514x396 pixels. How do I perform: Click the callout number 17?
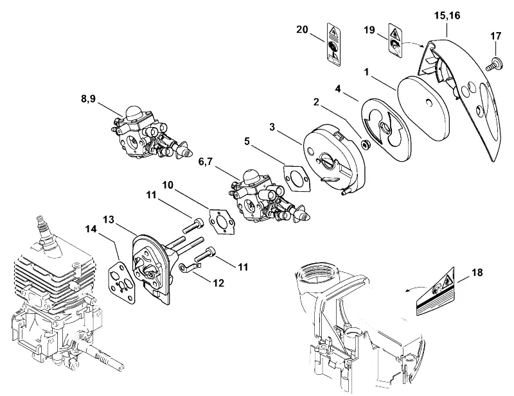[495, 36]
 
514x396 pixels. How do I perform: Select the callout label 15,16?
[447, 15]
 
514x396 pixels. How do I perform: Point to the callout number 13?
[109, 219]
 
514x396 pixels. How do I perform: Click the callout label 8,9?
[88, 99]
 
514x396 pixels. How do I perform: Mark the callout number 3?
[272, 127]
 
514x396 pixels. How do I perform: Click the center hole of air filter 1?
[428, 103]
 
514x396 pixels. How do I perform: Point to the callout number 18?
[477, 272]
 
